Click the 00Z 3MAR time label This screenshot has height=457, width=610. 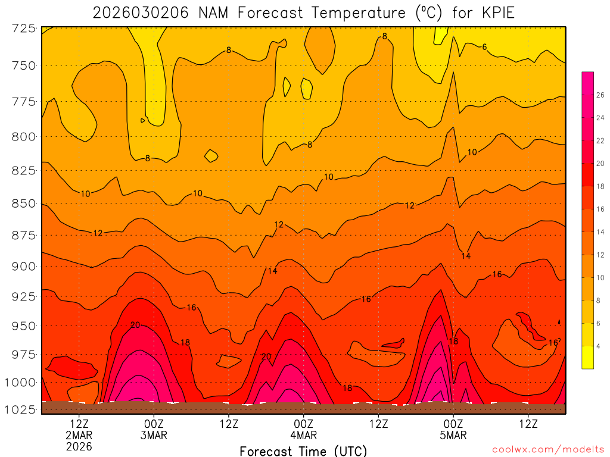[154, 430]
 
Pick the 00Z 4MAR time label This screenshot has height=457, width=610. [304, 430]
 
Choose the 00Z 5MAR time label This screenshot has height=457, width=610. [453, 430]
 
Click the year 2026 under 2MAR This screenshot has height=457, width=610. [79, 446]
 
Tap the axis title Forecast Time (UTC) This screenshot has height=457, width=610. [303, 450]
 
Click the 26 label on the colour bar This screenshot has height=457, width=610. [600, 95]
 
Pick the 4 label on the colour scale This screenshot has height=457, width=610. [598, 346]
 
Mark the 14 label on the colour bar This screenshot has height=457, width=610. [600, 232]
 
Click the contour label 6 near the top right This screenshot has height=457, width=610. [485, 47]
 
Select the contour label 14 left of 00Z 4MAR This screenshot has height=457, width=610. [272, 271]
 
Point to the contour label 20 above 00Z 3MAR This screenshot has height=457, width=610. [135, 325]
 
